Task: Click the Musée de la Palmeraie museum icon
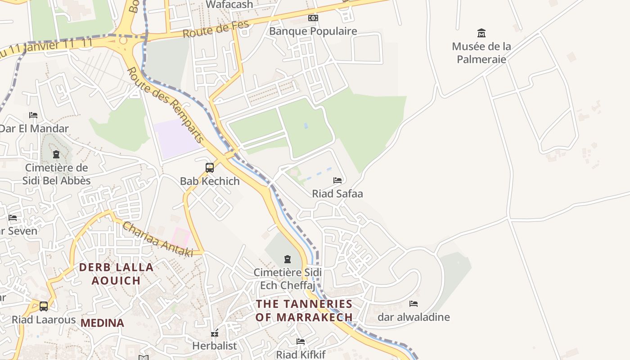[x=481, y=33]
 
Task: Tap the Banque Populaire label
[x=313, y=31]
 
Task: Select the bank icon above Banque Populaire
[x=313, y=18]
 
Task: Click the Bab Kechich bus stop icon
[x=210, y=168]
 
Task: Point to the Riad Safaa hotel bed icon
[x=337, y=180]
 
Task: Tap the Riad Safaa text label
[x=337, y=193]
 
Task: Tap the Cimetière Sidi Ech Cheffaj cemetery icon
[x=287, y=259]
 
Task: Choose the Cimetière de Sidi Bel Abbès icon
[x=56, y=155]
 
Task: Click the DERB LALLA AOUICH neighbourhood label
[x=116, y=274]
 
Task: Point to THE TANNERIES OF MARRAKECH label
[x=304, y=310]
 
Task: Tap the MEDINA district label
[x=102, y=323]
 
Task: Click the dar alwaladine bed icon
[x=414, y=304]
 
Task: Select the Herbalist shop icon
[x=215, y=333]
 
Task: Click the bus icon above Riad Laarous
[x=44, y=306]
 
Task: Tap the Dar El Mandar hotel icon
[x=33, y=115]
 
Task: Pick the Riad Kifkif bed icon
[x=301, y=342]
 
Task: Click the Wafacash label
[x=229, y=4]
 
